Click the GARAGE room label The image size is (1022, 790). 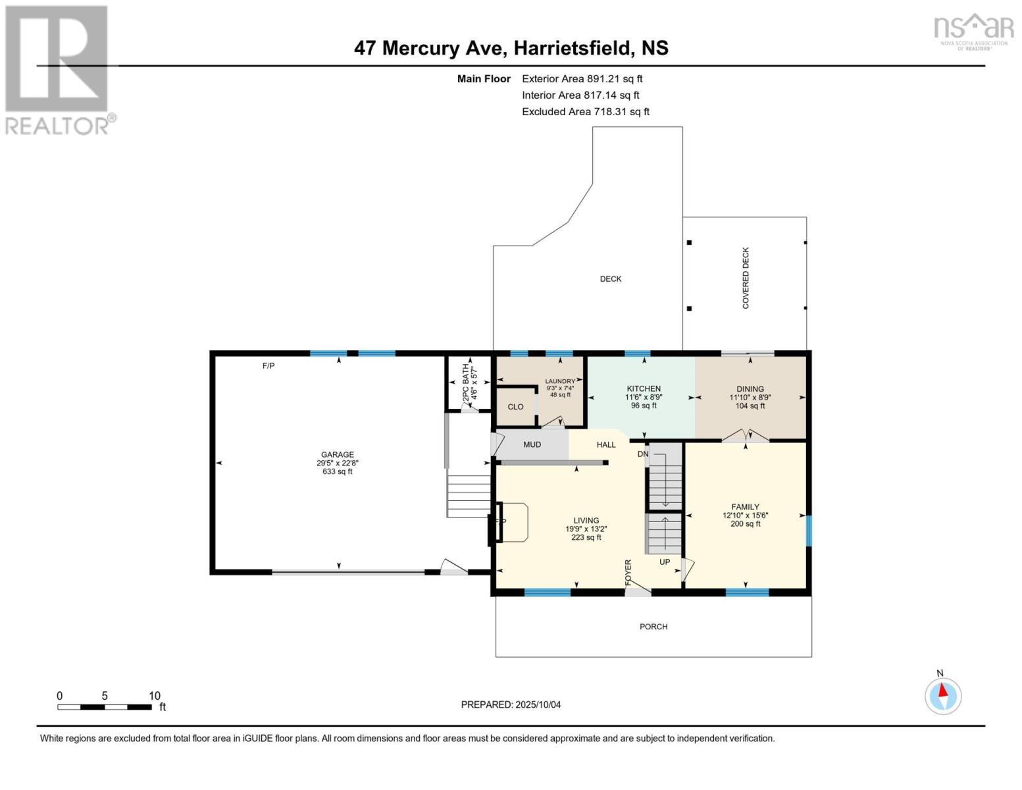coord(337,455)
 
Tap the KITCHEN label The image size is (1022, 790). coord(643,389)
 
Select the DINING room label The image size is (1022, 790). coord(750,389)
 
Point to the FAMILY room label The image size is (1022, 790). coord(745,507)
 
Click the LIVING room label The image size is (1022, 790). coord(586,520)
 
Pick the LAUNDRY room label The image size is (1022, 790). coord(560,381)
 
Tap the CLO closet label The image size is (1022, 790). coord(515,407)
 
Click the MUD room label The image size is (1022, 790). coord(532,444)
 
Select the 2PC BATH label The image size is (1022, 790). coord(466,382)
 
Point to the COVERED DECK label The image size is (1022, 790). coord(746,278)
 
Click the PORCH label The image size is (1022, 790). coord(653,627)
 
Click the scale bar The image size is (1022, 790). coord(105,707)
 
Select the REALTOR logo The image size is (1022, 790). coord(58,70)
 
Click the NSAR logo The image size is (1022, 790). coord(973,30)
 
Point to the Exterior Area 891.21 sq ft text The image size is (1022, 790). coord(582,79)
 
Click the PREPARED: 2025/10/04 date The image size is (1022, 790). coord(511,704)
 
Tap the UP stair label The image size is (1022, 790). coord(665,562)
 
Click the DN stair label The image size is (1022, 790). coord(643,454)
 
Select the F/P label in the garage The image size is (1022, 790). coord(268,366)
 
